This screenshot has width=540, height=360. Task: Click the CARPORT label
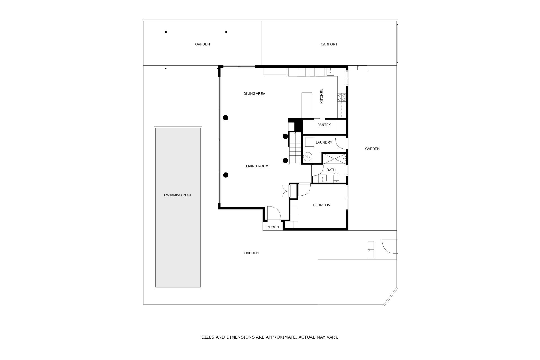point(329,44)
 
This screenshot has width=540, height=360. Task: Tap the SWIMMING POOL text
point(178,195)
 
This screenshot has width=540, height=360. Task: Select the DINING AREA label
point(254,94)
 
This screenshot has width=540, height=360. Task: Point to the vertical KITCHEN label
point(322,96)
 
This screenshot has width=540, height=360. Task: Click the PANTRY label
point(324,125)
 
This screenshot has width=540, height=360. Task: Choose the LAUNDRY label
point(324,143)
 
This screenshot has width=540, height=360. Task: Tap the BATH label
point(331,170)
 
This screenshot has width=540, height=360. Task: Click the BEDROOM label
point(322,205)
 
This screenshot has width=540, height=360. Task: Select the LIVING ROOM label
point(257,166)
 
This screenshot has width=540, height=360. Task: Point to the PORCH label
point(273,227)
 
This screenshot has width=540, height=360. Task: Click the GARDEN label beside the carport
point(202,44)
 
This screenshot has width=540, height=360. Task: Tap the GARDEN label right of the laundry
point(372,149)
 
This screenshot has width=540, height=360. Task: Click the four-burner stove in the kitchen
point(342,97)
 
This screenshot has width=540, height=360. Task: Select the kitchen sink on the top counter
point(330,72)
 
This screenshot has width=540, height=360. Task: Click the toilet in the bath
point(336,178)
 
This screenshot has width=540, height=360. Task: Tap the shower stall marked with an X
point(334,158)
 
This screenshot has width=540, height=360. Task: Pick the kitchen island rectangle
point(307,105)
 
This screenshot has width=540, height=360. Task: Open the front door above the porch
point(274,213)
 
